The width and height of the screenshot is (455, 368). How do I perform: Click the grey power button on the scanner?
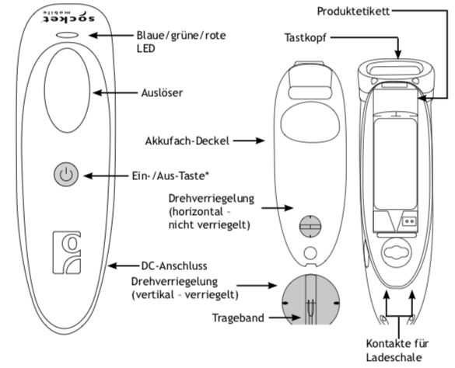tap(66, 174)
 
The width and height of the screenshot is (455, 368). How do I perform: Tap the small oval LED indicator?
tap(68, 35)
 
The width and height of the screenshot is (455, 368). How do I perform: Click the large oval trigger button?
tap(67, 90)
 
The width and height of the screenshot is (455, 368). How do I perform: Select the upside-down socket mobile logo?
tap(69, 17)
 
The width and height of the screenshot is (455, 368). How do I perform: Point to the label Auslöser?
tap(162, 92)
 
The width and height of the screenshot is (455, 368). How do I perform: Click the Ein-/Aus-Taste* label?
tap(170, 176)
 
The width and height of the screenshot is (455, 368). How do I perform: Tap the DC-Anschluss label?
tap(174, 266)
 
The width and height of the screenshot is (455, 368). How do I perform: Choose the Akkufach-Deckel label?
tap(187, 141)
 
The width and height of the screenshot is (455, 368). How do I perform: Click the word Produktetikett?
tap(353, 12)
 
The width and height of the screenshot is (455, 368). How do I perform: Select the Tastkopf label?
tap(305, 38)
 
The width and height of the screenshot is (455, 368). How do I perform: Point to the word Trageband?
tap(238, 318)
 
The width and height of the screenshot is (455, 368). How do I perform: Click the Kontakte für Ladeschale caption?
tap(397, 350)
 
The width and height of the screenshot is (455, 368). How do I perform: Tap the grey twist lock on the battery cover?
tap(310, 226)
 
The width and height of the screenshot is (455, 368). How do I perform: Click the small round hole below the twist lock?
tap(310, 253)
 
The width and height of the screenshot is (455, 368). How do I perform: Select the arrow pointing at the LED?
tap(110, 36)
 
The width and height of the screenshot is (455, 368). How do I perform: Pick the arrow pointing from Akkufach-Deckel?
tap(249, 141)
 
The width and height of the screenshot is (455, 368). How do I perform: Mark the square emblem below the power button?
tap(66, 252)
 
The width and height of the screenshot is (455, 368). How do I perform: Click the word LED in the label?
tap(145, 48)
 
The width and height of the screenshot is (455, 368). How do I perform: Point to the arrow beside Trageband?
tap(285, 318)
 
